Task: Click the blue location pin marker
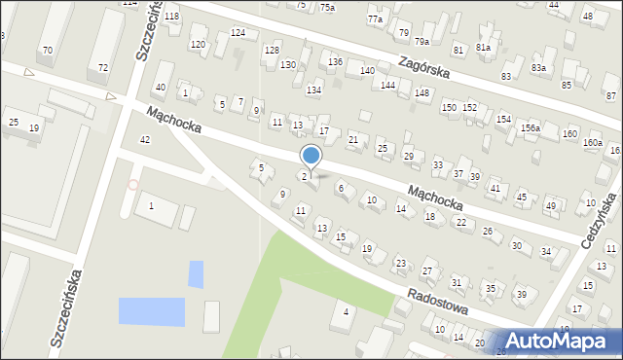click(x=311, y=155)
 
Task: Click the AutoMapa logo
click(x=564, y=341)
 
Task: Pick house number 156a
click(x=530, y=127)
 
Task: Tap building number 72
click(x=104, y=67)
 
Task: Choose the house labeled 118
click(x=171, y=17)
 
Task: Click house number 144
click(x=387, y=86)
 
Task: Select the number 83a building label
click(x=538, y=67)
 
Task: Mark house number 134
click(x=313, y=90)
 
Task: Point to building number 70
click(x=47, y=50)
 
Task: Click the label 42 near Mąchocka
click(x=145, y=140)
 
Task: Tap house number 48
click(x=587, y=17)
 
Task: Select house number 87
click(x=610, y=95)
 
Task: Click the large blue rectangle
click(x=151, y=311)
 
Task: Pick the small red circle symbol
click(x=133, y=184)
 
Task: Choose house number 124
click(x=238, y=33)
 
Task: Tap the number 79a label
click(x=421, y=41)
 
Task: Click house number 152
click(x=469, y=107)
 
